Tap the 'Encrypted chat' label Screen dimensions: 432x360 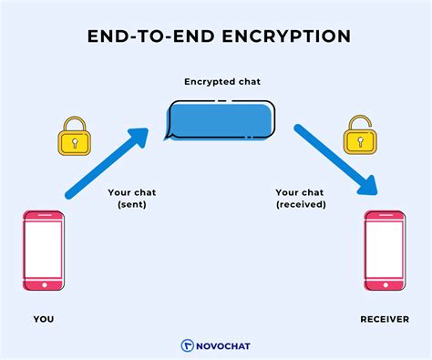[216, 82]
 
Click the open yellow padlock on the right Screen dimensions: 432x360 [358, 137]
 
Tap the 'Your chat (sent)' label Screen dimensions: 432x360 [133, 200]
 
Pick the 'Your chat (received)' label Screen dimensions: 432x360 [299, 200]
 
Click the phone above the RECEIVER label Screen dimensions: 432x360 [385, 250]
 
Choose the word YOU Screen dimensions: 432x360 [43, 319]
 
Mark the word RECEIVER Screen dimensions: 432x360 [384, 319]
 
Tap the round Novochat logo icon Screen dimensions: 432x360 [187, 345]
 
